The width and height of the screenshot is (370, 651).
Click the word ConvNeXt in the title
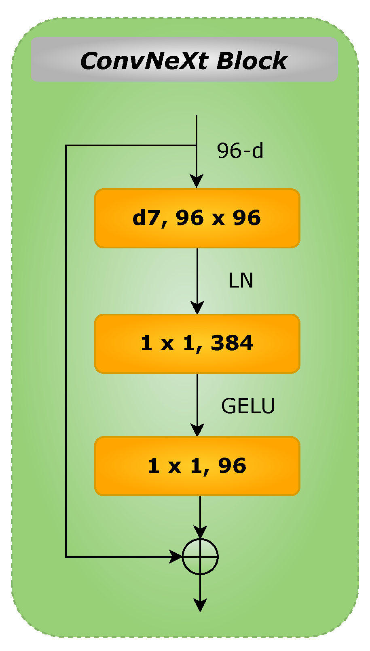tap(144, 61)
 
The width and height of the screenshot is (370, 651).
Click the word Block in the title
tap(252, 61)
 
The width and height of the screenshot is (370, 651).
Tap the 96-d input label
tap(240, 151)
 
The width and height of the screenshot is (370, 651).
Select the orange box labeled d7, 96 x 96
tap(197, 218)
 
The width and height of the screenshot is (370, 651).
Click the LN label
tap(241, 281)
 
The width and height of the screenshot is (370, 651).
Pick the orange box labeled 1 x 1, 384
tap(197, 344)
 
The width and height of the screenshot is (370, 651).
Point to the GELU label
tap(248, 406)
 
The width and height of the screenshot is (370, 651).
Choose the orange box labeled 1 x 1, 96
tap(197, 466)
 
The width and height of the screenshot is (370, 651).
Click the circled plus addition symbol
tap(200, 556)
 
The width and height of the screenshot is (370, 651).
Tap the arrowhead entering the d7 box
tap(197, 182)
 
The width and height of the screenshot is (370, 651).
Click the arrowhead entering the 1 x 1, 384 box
tap(197, 308)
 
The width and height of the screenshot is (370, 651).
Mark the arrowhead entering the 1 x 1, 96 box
tap(197, 430)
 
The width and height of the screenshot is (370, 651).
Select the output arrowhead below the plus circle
tap(200, 605)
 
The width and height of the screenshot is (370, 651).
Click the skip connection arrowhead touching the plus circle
tap(176, 556)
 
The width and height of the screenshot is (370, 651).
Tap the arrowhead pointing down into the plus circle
tap(200, 532)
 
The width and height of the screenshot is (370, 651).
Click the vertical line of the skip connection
tap(66, 351)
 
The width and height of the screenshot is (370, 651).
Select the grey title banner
tap(184, 60)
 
